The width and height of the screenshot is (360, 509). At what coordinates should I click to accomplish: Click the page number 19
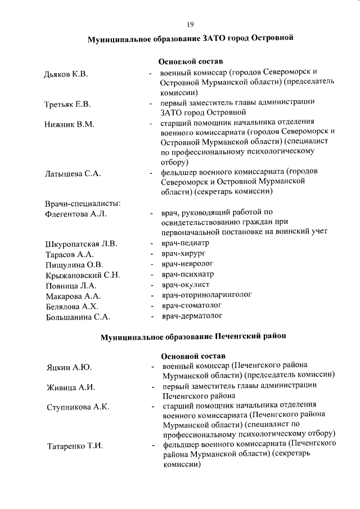(190, 24)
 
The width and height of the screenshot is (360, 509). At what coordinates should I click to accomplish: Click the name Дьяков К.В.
(66, 74)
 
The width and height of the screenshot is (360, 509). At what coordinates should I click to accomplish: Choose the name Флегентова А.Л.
(75, 214)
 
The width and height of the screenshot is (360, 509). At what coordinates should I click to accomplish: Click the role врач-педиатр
(185, 244)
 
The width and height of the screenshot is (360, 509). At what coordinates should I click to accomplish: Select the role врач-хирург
(183, 254)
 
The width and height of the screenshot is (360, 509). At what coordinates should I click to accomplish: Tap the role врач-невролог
(187, 264)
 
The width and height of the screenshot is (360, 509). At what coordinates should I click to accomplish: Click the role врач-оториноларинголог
(206, 295)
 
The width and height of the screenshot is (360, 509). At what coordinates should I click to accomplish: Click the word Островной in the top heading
(272, 39)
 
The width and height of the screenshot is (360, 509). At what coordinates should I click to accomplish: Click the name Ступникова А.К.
(77, 407)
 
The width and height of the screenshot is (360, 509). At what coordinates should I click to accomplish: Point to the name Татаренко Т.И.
(74, 446)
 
